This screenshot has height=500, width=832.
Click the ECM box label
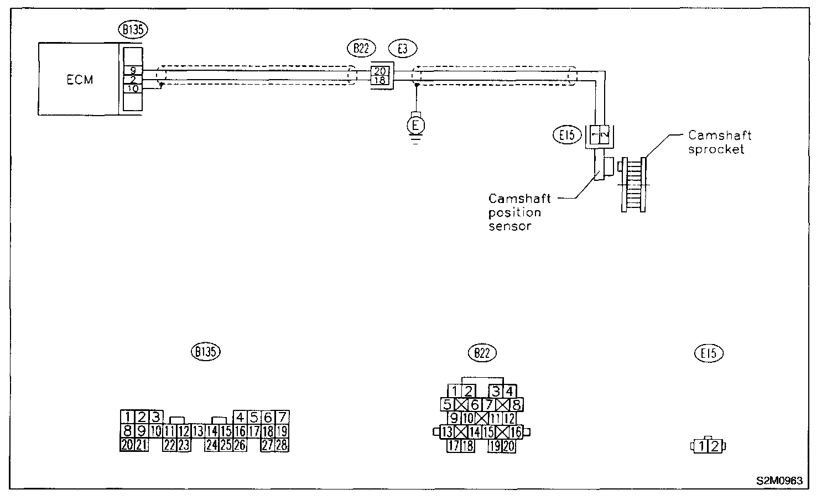coord(80,80)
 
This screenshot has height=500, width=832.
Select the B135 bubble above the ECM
coord(133,30)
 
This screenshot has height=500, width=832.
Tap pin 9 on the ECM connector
coord(133,70)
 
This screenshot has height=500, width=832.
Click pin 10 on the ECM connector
coord(133,88)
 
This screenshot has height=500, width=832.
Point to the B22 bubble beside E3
coord(361,48)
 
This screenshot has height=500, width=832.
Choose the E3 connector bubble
coord(403,48)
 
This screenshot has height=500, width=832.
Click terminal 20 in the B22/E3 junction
coord(381,71)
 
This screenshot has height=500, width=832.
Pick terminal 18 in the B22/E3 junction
coord(381,81)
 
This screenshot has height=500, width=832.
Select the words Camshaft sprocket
coord(719,142)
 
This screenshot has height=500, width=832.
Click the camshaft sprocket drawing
coord(633,184)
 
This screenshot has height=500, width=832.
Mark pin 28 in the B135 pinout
coord(282,445)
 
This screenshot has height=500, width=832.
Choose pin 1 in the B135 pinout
coord(127,417)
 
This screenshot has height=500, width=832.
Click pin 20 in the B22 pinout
coord(509,446)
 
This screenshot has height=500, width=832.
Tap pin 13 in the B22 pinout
coord(447,432)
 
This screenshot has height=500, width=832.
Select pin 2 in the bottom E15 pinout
coord(715,445)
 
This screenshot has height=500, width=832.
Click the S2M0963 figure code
coord(779,481)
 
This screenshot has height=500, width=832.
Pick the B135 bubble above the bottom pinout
coord(205,351)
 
